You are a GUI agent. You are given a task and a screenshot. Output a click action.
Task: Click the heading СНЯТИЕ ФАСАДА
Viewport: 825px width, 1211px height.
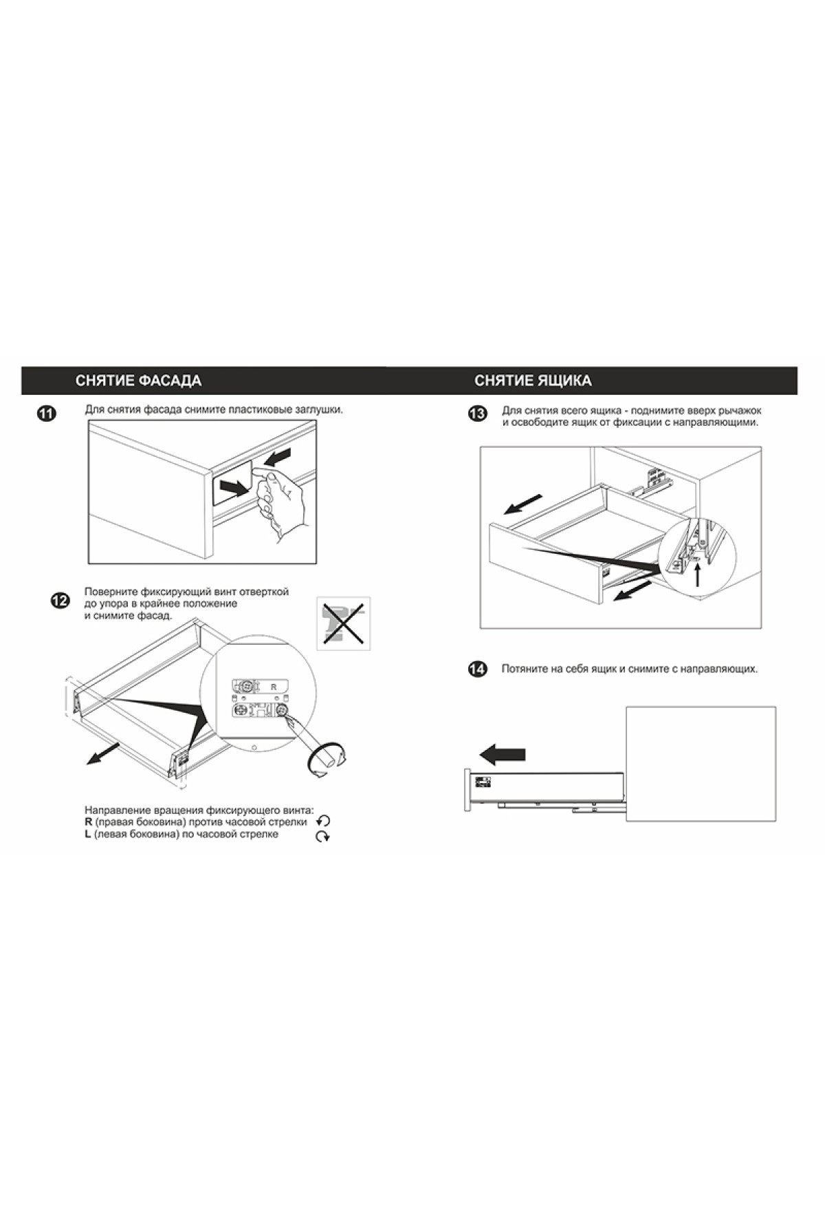[138, 381]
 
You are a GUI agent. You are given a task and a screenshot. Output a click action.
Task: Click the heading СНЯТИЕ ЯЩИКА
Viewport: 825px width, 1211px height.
[533, 381]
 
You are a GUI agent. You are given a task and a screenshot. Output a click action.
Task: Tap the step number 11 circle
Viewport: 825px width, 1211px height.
[47, 414]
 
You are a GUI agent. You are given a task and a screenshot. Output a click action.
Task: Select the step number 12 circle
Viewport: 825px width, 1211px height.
[60, 601]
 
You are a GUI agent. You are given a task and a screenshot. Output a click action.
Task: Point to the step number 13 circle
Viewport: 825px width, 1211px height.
[477, 414]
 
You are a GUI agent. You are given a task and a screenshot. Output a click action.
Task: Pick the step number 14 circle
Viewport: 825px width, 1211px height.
[477, 669]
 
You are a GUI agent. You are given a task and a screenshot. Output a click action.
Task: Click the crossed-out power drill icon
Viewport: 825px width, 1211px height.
[343, 623]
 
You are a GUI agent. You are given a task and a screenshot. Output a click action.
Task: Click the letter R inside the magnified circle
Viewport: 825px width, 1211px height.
[273, 687]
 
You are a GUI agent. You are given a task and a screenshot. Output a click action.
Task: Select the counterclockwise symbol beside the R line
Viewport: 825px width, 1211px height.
[323, 821]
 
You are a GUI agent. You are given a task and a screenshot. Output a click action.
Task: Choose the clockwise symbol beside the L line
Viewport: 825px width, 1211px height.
[322, 836]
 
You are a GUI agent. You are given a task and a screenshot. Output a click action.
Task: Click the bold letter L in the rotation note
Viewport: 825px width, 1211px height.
[88, 834]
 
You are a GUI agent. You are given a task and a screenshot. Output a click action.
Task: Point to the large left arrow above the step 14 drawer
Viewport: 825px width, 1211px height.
[502, 754]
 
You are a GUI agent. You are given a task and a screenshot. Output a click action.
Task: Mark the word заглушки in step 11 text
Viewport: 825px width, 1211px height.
[318, 410]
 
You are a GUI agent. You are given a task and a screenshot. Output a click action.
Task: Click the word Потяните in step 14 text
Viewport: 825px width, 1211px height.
[524, 669]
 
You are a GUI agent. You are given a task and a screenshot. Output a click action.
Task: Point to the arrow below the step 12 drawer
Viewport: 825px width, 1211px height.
[104, 753]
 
